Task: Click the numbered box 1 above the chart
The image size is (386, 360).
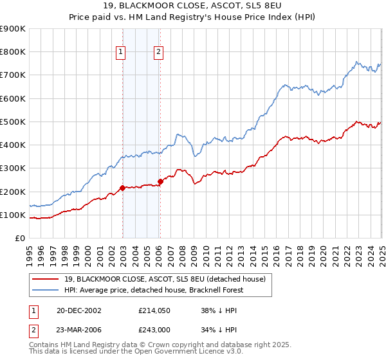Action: [x=120, y=53]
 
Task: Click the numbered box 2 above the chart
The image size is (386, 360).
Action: [x=158, y=53]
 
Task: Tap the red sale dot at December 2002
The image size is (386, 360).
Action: [x=122, y=188]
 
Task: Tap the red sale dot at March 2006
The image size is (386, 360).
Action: [x=160, y=181]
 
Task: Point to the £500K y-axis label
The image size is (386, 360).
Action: [x=13, y=122]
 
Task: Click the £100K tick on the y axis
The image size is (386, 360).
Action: [x=13, y=215]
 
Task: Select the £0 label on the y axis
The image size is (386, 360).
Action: [x=20, y=238]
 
